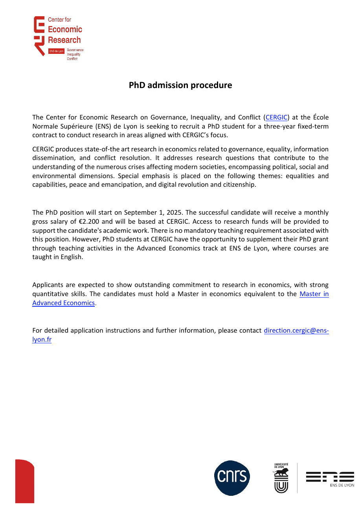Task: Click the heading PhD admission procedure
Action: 180,85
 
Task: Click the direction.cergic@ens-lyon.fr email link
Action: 296,331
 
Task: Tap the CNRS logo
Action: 232,478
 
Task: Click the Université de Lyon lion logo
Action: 281,478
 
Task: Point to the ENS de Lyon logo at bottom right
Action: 330,478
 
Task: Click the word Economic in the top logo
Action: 65,29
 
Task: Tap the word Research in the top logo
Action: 64,40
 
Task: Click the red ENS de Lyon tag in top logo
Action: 56,51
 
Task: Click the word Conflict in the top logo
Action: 72,59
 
